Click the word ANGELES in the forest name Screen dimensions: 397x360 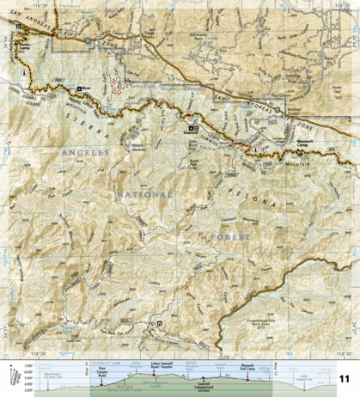[x=85, y=153]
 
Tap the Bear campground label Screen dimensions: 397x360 [x=85, y=88]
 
